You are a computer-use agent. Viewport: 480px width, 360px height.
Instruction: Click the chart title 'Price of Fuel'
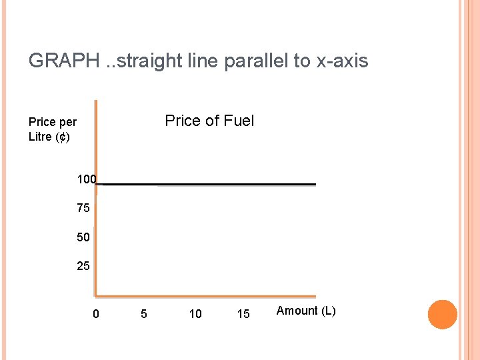(x=209, y=121)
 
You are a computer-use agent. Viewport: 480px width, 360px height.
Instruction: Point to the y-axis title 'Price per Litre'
(x=52, y=129)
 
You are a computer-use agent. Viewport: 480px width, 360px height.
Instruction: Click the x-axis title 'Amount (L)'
(x=306, y=311)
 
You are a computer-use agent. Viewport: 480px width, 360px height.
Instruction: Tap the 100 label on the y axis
(x=86, y=179)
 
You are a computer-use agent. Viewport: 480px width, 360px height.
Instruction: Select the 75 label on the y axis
(x=83, y=209)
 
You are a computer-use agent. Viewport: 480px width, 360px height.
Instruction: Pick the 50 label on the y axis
(x=83, y=237)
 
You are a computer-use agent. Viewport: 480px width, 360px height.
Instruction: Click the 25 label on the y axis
(x=83, y=267)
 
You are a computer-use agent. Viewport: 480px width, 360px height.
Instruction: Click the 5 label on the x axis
(x=144, y=313)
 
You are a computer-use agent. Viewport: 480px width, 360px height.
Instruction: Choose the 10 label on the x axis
(x=195, y=313)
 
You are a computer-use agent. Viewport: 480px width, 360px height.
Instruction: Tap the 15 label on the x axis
(x=243, y=313)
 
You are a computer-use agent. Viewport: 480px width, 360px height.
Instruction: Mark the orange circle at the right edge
(x=442, y=315)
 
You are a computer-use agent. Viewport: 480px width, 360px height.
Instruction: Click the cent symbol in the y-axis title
(x=61, y=137)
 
